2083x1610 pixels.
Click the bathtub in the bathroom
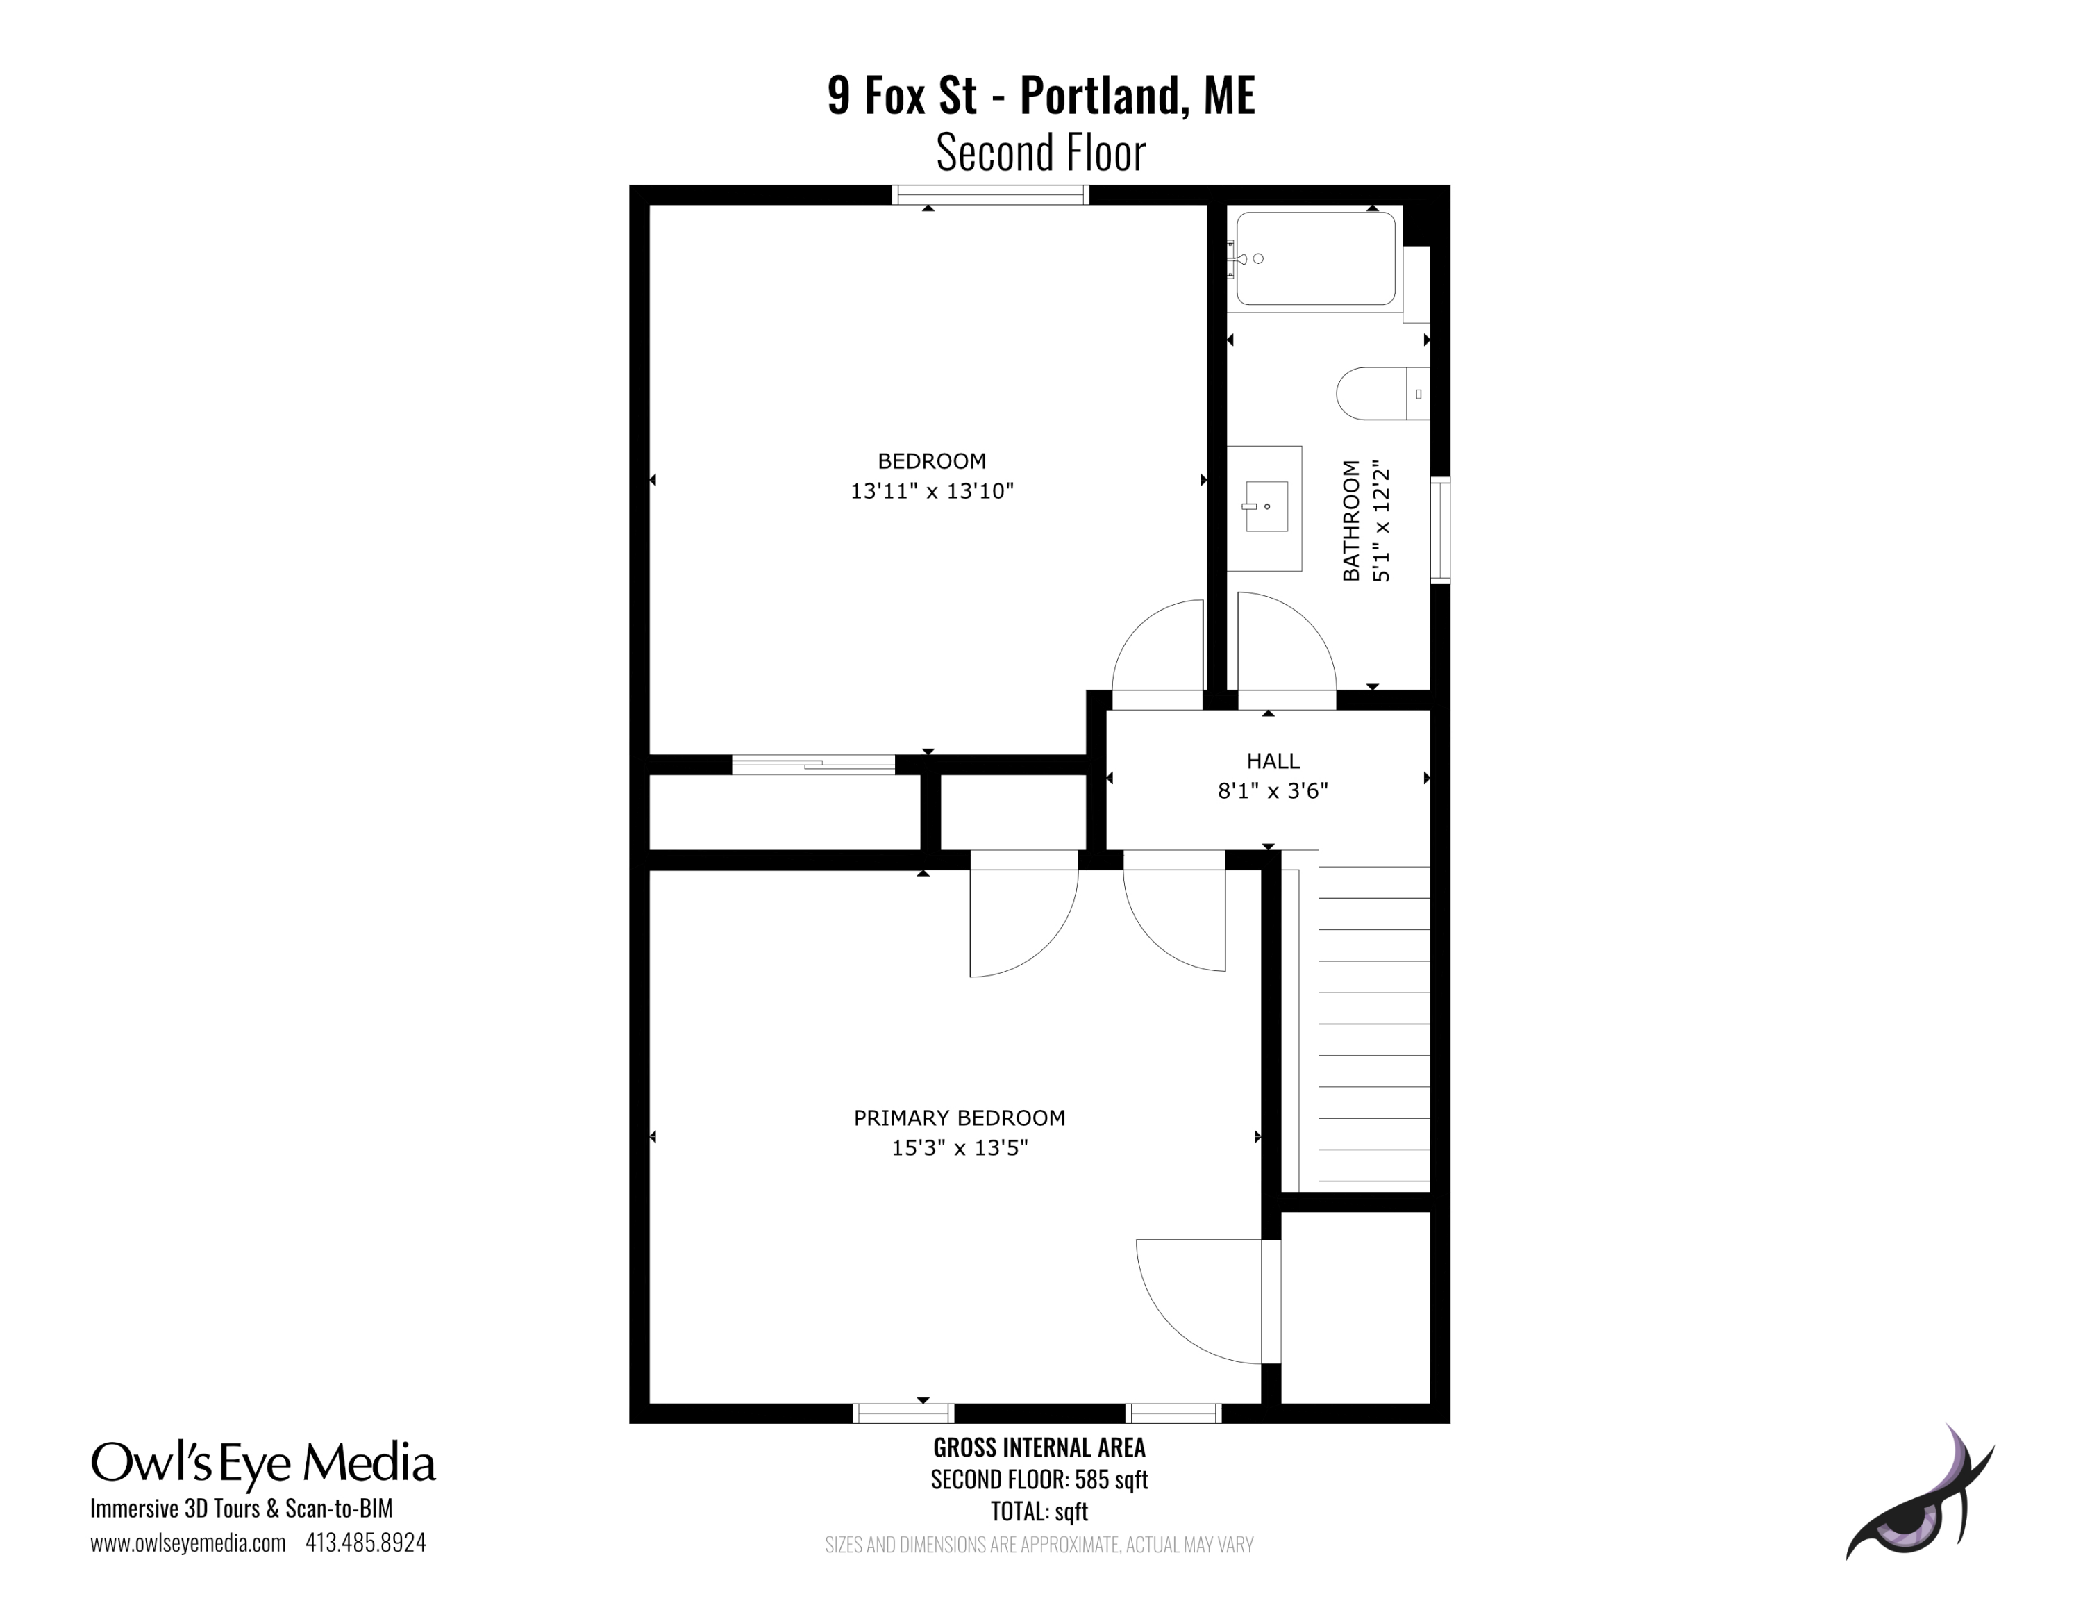pos(1315,258)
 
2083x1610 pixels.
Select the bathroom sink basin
pos(1264,506)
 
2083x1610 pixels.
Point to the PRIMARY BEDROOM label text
pos(960,1118)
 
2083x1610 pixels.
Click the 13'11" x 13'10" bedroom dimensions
pos(932,491)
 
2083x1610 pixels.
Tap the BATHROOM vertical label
pos(1350,521)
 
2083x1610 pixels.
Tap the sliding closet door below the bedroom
pos(814,764)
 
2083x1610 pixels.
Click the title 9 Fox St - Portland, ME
pos(1041,95)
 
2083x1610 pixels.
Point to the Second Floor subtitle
pos(1041,153)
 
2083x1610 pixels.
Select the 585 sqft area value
pos(1111,1479)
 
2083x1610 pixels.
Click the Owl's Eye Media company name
pos(263,1464)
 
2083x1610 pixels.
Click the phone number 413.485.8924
pos(365,1543)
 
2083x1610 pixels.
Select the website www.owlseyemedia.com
pos(188,1543)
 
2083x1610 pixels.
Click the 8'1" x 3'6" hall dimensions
pos(1273,790)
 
